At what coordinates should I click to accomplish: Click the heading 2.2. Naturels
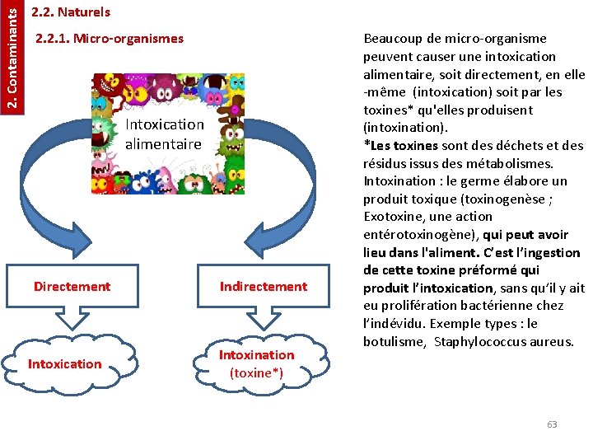point(70,12)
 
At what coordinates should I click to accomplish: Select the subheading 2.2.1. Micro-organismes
point(110,39)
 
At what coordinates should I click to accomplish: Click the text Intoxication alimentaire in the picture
point(164,134)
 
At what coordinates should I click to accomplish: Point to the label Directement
point(72,287)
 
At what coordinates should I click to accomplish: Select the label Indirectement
point(263,287)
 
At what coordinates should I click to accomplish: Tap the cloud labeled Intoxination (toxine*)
point(256,363)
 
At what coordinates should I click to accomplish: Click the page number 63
point(552,424)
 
